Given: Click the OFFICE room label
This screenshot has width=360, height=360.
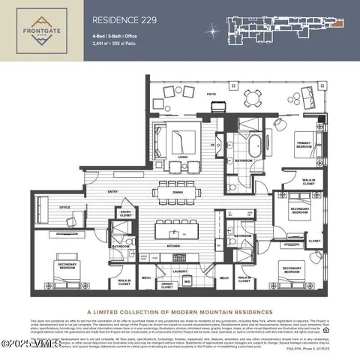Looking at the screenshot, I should pos(65,208).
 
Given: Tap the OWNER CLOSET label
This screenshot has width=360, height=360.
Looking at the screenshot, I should pos(168,284).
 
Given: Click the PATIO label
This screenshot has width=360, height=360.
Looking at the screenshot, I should pos(211,93).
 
